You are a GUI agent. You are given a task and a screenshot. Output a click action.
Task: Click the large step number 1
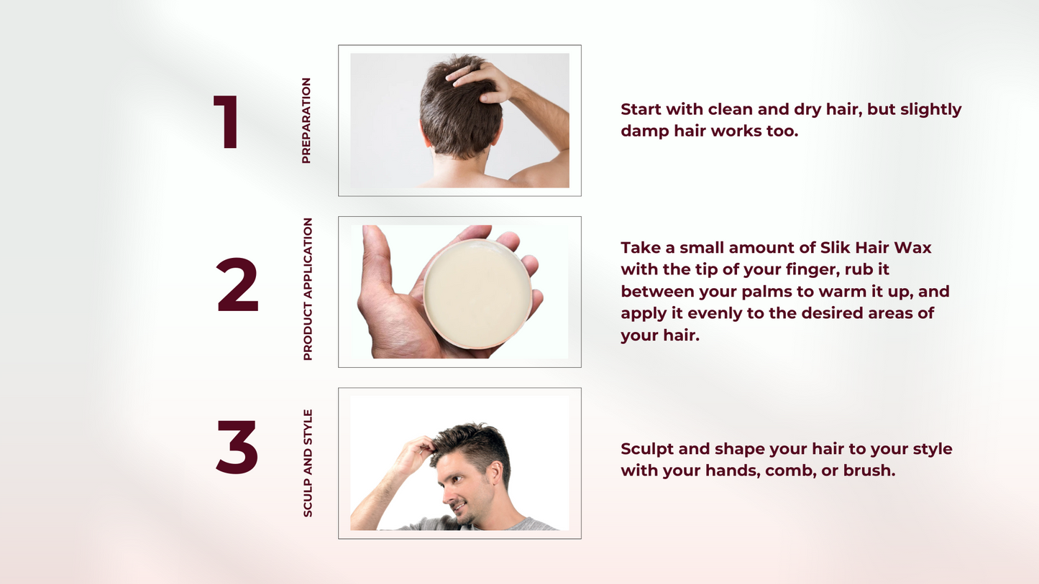[227, 122]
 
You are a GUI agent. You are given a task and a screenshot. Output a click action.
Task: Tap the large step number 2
[237, 285]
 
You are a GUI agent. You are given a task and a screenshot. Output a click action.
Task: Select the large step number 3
[237, 447]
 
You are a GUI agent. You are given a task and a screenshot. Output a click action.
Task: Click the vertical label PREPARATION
[306, 121]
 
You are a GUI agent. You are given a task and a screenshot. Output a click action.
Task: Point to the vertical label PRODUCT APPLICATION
[308, 289]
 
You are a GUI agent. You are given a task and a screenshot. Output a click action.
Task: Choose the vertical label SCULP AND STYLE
[308, 463]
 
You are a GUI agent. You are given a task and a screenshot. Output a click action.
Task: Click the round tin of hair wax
[477, 294]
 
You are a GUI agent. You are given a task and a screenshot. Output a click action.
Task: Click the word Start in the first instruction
[641, 109]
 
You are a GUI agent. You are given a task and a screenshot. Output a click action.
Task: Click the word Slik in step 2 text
[835, 248]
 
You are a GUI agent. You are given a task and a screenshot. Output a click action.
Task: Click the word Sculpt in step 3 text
[646, 449]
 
